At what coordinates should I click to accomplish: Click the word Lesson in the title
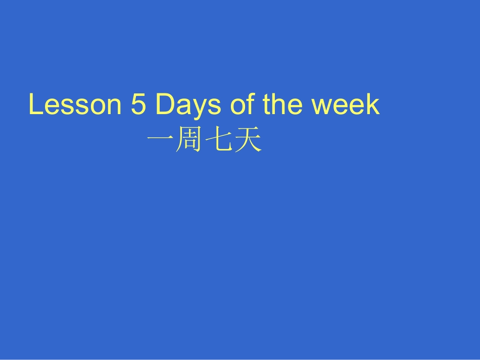pos(75,105)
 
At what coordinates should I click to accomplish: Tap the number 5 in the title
pos(138,105)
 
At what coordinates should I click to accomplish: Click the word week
pos(345,105)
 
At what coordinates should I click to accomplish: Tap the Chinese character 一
pos(160,142)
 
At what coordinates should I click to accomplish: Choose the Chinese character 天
pos(249,142)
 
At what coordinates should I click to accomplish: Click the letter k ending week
pos(374,105)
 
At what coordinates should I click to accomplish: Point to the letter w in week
pos(322,107)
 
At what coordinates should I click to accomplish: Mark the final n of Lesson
pos(114,107)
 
